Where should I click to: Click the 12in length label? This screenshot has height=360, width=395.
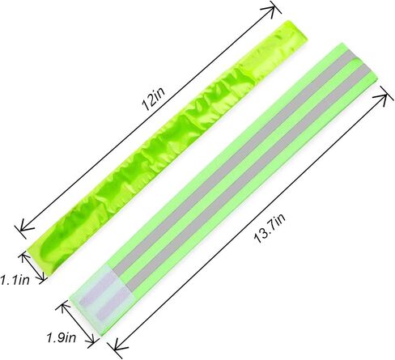pos(153,99)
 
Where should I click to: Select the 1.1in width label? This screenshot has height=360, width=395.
pos(15,280)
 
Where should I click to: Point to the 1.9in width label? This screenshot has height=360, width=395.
pos(62,337)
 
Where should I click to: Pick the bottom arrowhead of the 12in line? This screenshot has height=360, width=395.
pos(23,229)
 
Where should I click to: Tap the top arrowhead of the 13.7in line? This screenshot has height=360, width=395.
pos(384,98)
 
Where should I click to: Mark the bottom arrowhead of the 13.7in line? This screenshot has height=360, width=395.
pos(117,348)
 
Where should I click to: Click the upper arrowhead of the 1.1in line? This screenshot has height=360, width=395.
pos(24,256)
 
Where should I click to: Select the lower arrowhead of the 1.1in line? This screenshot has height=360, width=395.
pos(41,278)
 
